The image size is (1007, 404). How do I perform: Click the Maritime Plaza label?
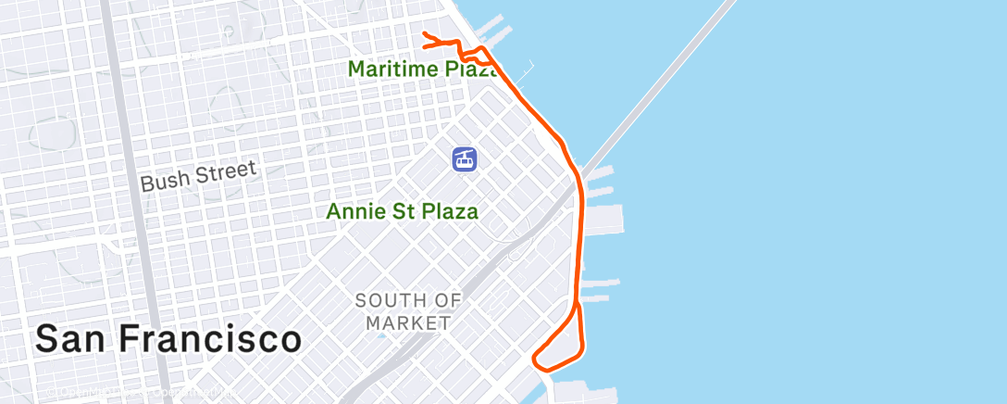pyautogui.click(x=416, y=69)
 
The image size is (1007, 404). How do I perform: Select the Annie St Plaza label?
pyautogui.click(x=403, y=211)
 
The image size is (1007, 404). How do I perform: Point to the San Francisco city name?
pyautogui.click(x=168, y=339)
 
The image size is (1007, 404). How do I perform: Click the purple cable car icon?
pyautogui.click(x=465, y=158)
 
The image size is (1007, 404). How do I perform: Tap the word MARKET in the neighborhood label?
pyautogui.click(x=408, y=323)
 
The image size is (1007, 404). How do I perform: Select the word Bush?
pyautogui.click(x=162, y=180)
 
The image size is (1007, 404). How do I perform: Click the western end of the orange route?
pyautogui.click(x=424, y=34)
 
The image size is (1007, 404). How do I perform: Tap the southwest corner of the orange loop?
pyautogui.click(x=536, y=357)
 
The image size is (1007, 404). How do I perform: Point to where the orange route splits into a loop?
pyautogui.click(x=577, y=302)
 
